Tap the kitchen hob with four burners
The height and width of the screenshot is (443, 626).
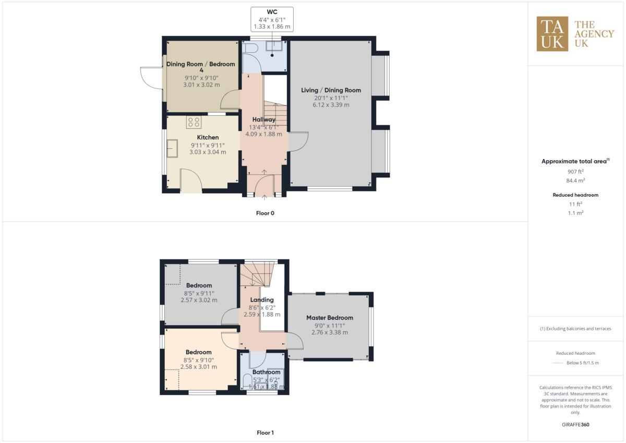194,122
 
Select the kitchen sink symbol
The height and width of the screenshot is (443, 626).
172,149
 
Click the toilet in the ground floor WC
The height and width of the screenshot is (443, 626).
250,48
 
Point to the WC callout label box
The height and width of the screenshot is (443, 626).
272,18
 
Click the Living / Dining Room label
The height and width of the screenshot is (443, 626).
331,90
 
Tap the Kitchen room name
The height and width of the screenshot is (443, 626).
208,137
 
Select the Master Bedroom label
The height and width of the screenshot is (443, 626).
330,317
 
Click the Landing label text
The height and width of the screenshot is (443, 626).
262,300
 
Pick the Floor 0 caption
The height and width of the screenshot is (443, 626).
265,213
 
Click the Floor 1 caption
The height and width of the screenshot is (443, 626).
265,433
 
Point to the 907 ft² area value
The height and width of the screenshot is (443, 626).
575,172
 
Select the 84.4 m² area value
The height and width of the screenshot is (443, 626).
575,181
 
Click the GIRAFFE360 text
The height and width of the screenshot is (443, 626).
575,425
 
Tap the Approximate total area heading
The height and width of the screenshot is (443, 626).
574,161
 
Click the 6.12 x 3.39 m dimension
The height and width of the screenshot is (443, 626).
331,105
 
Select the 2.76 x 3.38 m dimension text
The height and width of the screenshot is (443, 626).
330,332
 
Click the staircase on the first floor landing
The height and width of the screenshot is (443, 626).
257,274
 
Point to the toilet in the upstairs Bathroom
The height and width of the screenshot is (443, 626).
248,381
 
